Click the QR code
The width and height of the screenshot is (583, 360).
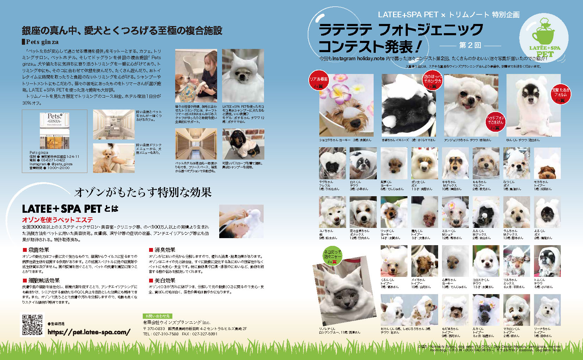32,324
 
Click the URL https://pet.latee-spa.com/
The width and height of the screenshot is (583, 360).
89,332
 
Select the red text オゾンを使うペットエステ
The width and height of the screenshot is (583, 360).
57,219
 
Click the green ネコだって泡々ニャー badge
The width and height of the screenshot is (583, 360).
332,256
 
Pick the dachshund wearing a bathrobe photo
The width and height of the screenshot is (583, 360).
243,144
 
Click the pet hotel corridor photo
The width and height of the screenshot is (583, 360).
196,144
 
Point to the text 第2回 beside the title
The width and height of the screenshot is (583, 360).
470,45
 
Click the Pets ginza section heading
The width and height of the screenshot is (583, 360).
42,42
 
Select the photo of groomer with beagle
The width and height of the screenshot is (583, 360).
196,76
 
